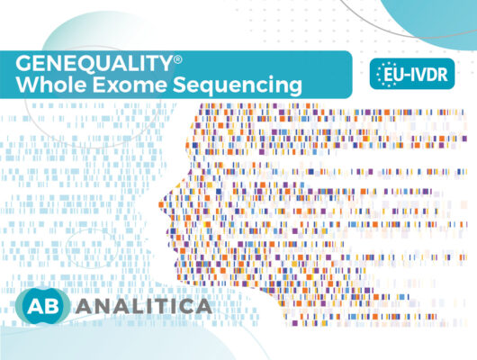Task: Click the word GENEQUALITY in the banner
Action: click(94, 63)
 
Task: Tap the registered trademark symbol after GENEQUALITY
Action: click(178, 59)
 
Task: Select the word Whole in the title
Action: click(51, 85)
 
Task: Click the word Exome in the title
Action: click(130, 85)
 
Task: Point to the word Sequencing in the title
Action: click(238, 85)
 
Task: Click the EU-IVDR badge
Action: click(412, 74)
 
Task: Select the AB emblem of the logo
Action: click(42, 305)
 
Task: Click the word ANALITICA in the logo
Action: click(144, 306)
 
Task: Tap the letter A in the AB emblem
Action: click(34, 305)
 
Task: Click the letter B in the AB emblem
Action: click(51, 305)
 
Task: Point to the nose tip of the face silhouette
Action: click(160, 203)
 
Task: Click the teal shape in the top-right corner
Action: click(432, 18)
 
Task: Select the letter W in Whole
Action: click(27, 85)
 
